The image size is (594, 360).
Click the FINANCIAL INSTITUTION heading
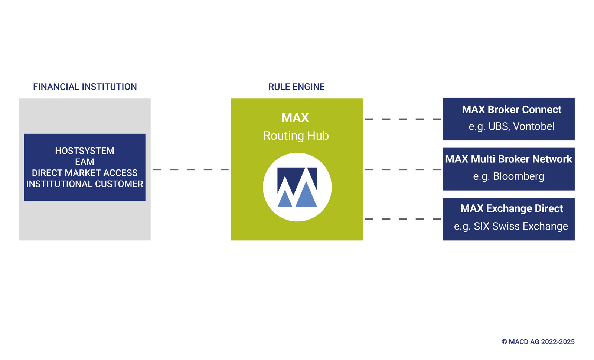(85, 87)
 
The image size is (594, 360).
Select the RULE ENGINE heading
(297, 87)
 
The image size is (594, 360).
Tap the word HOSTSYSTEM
(85, 151)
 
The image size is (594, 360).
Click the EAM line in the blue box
(85, 162)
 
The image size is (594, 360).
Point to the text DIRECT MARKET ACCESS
(85, 173)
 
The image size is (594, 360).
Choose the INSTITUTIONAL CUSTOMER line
(85, 184)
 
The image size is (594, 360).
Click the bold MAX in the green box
(295, 117)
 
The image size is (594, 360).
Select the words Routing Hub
(296, 136)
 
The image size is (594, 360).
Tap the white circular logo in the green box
(297, 187)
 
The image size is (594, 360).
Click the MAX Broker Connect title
(512, 110)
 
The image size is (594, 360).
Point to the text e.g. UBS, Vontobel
(512, 127)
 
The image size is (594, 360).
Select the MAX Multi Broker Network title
(509, 159)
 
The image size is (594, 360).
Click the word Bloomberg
(518, 176)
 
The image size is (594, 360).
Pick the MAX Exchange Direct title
(512, 208)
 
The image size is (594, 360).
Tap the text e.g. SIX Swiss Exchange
(511, 226)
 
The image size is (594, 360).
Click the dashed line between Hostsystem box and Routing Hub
(191, 169)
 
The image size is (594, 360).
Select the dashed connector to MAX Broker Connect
(403, 119)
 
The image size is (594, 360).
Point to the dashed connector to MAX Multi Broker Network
(403, 169)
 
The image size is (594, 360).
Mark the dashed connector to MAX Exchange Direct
(403, 219)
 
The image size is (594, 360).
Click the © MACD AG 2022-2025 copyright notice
(538, 342)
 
